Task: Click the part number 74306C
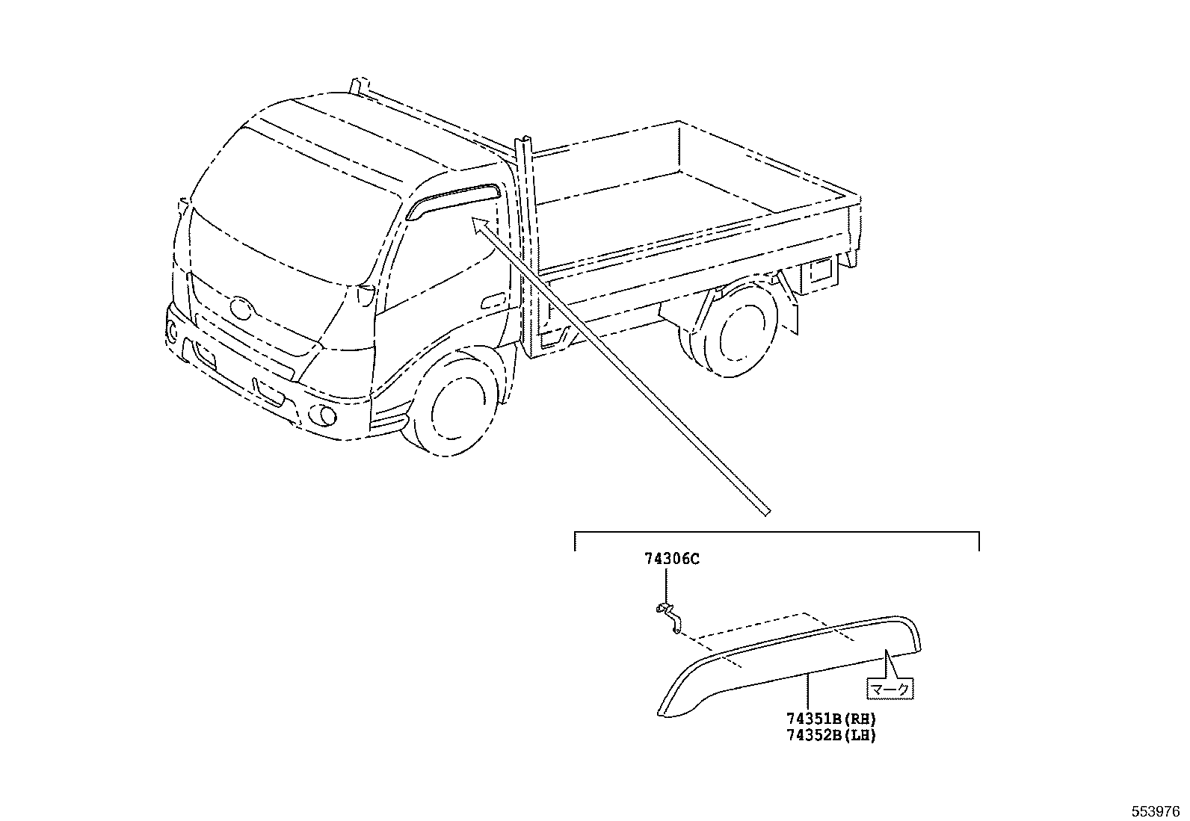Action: [672, 559]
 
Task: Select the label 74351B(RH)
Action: [830, 719]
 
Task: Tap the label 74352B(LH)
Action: [830, 735]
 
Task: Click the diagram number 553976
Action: [1154, 811]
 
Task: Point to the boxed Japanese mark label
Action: [890, 688]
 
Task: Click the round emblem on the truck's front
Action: [241, 307]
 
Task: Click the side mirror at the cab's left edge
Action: [182, 217]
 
